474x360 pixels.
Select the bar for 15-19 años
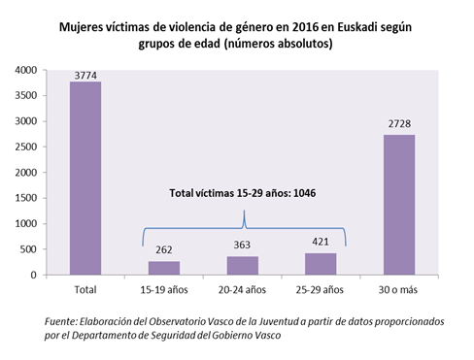click(x=163, y=268)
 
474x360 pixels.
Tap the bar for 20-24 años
click(x=243, y=265)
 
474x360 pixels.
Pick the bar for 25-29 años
click(x=322, y=263)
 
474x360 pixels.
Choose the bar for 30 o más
click(x=400, y=205)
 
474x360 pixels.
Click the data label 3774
click(x=85, y=75)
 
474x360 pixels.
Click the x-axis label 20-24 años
click(x=243, y=289)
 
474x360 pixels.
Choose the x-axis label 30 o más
click(x=400, y=289)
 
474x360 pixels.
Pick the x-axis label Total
click(x=85, y=289)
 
